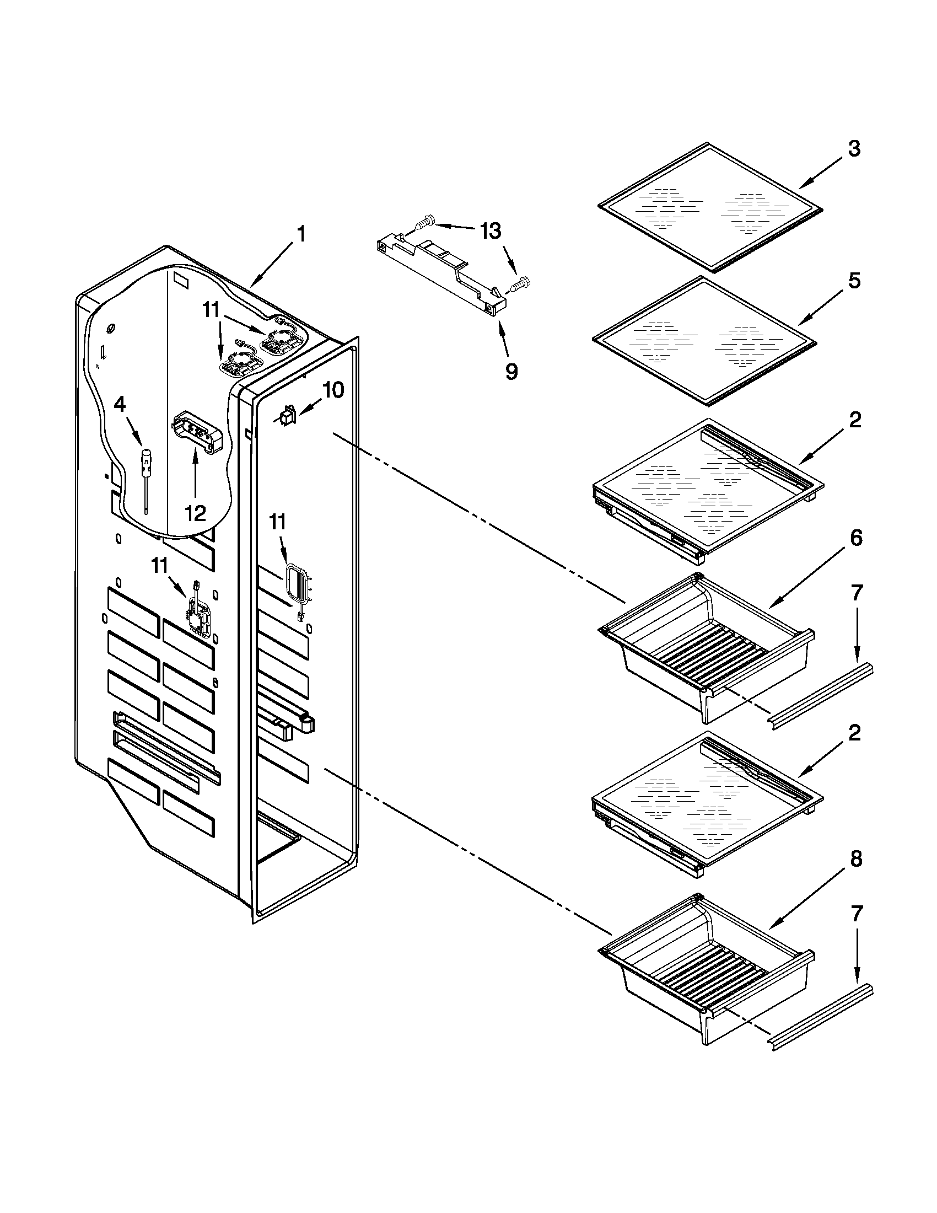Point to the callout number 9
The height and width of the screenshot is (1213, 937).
pyautogui.click(x=511, y=371)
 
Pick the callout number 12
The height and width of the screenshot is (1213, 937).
pyautogui.click(x=196, y=513)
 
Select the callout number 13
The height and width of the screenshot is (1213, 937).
pyautogui.click(x=491, y=231)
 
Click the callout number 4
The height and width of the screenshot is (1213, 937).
pyautogui.click(x=120, y=405)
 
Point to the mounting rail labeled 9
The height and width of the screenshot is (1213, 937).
pyautogui.click(x=441, y=272)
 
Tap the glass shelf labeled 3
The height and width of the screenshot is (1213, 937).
pyautogui.click(x=710, y=208)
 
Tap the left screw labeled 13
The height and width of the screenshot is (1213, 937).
pyautogui.click(x=422, y=224)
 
